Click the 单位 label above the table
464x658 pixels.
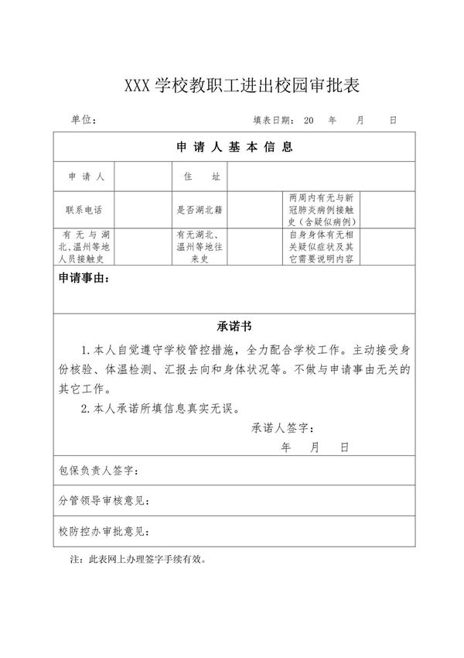click(x=83, y=121)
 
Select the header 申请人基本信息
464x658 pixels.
click(x=234, y=147)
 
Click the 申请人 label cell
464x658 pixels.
click(x=87, y=176)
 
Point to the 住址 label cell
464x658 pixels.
click(x=202, y=176)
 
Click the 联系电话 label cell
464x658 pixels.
click(x=86, y=209)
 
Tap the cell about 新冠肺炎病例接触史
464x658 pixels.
click(x=320, y=209)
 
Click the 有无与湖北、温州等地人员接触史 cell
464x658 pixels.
click(x=86, y=247)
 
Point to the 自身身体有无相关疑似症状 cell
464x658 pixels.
click(x=320, y=247)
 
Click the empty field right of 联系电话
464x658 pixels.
click(x=145, y=209)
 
